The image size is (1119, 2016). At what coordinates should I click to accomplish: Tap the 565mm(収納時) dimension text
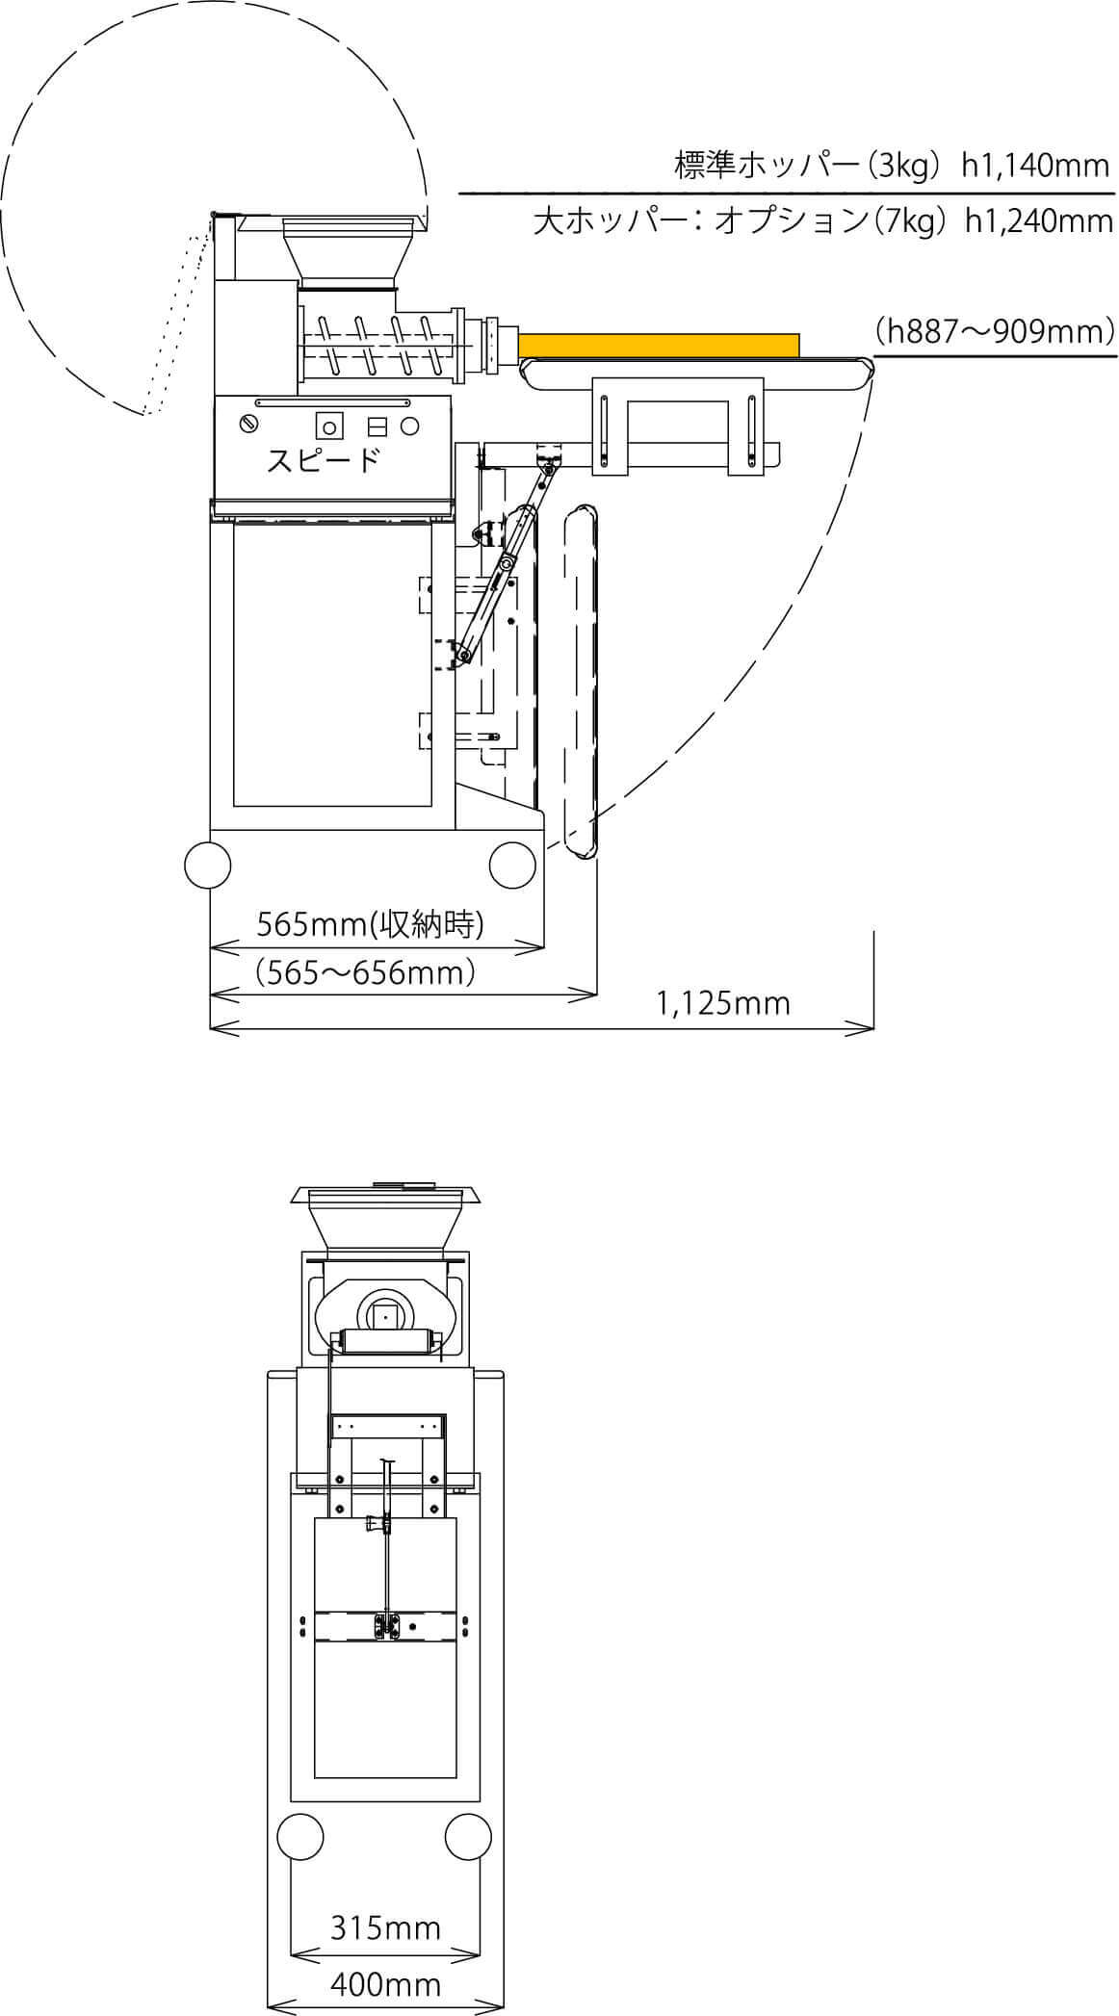point(370,925)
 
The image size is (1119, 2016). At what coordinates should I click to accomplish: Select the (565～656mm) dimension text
point(366,972)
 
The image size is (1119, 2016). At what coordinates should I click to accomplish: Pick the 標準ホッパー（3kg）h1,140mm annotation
point(893,167)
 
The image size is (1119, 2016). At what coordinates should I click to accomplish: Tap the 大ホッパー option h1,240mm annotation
point(823,222)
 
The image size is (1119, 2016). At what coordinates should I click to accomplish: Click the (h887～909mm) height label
point(995,331)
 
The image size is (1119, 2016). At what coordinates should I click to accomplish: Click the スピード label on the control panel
point(322,461)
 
